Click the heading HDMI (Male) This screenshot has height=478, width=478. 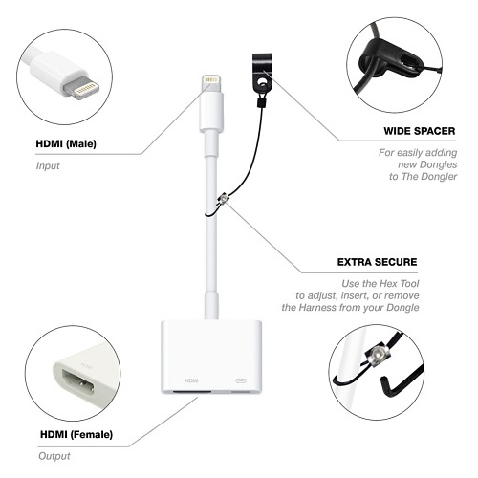click(x=66, y=143)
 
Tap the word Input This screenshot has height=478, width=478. click(x=48, y=165)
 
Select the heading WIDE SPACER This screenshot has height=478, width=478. click(x=420, y=131)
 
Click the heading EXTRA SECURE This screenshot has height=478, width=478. click(x=377, y=262)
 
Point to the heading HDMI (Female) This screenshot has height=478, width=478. click(x=76, y=434)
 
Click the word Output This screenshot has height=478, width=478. click(x=54, y=456)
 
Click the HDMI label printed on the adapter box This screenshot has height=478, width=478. click(x=191, y=380)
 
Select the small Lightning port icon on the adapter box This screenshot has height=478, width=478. click(x=242, y=380)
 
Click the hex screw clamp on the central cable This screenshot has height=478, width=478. click(x=224, y=200)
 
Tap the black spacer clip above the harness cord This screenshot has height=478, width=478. click(x=262, y=73)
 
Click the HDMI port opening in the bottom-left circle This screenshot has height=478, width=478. click(x=78, y=383)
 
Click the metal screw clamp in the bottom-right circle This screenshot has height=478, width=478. click(x=377, y=353)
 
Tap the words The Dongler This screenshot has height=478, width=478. click(x=429, y=177)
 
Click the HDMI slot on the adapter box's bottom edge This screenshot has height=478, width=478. click(x=192, y=391)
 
